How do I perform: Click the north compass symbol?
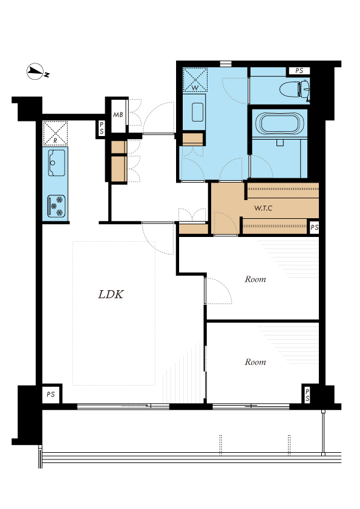(37, 71)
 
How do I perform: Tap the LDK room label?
(111, 294)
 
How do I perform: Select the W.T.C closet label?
(263, 208)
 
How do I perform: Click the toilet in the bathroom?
(295, 89)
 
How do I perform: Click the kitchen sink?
(56, 163)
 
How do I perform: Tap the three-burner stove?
(56, 206)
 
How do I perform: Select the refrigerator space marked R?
(55, 133)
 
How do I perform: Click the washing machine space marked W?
(195, 80)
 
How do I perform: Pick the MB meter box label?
(118, 115)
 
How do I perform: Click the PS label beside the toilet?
(299, 71)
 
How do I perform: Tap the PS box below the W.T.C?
(314, 227)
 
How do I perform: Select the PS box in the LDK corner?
(51, 394)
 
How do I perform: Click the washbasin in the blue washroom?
(197, 112)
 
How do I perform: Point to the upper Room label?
(255, 279)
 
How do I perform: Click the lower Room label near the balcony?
(255, 362)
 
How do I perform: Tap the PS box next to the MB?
(102, 128)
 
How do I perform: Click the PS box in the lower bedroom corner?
(307, 395)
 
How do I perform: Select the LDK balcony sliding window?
(123, 406)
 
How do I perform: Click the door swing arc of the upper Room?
(225, 286)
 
